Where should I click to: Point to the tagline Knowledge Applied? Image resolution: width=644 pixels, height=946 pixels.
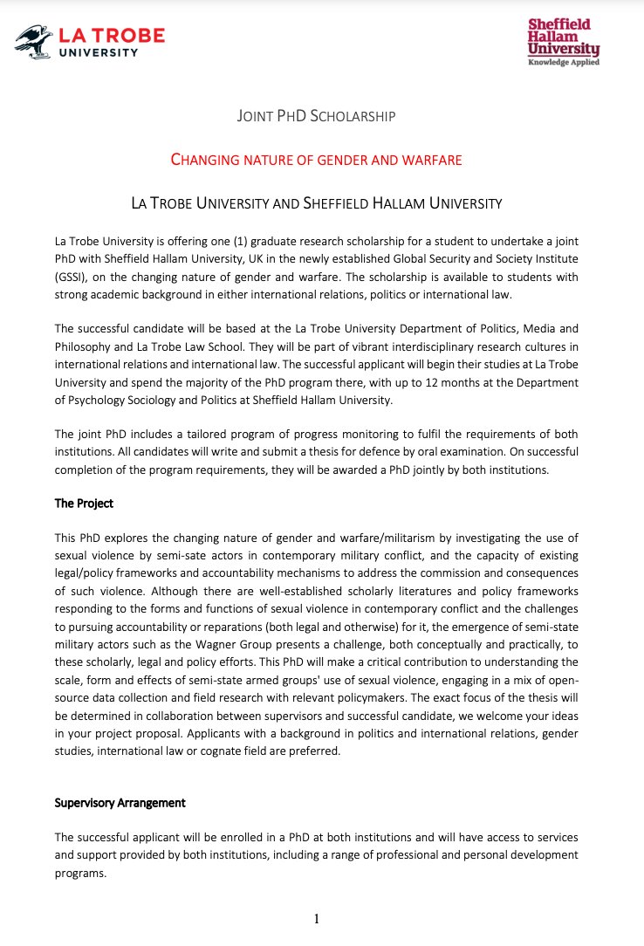(x=564, y=63)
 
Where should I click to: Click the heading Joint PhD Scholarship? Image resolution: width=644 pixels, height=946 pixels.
(x=316, y=115)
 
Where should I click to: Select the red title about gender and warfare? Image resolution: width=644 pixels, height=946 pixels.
(x=316, y=159)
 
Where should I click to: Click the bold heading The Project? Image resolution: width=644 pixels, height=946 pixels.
(x=84, y=504)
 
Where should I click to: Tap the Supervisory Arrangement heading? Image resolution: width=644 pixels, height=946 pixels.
(x=120, y=803)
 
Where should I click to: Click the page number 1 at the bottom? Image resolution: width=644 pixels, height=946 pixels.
(x=318, y=918)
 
